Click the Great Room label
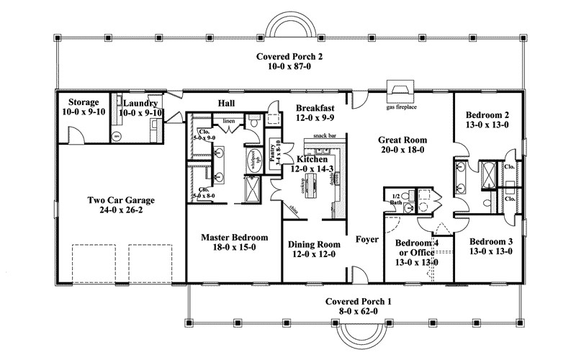pyautogui.click(x=399, y=140)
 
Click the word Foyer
pyautogui.click(x=367, y=238)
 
